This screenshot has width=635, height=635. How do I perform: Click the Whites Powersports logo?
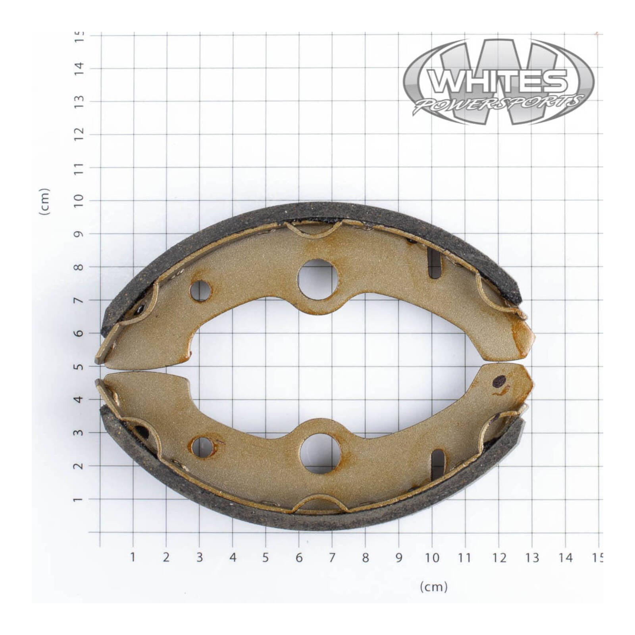(x=498, y=81)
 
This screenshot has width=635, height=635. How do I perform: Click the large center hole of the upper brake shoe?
(x=317, y=279)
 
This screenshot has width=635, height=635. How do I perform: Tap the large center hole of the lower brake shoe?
(x=320, y=453)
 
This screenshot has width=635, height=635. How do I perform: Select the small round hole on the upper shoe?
(x=200, y=291)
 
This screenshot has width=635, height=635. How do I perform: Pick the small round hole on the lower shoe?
(x=202, y=447)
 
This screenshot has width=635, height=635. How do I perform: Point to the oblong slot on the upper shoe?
(x=435, y=263)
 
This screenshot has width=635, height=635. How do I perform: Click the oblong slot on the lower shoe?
(x=437, y=464)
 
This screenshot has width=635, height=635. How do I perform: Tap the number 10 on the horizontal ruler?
(x=432, y=558)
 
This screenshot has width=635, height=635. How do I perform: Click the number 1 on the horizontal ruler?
(x=133, y=557)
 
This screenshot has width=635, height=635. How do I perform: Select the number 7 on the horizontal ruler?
(x=332, y=558)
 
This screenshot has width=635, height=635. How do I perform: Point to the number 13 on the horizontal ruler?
(x=532, y=558)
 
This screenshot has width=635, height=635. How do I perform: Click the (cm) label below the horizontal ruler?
(x=433, y=587)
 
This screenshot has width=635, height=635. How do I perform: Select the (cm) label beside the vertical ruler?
(x=44, y=202)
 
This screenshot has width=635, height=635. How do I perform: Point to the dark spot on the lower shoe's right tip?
(x=499, y=381)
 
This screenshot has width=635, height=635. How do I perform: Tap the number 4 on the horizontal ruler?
(x=233, y=558)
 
